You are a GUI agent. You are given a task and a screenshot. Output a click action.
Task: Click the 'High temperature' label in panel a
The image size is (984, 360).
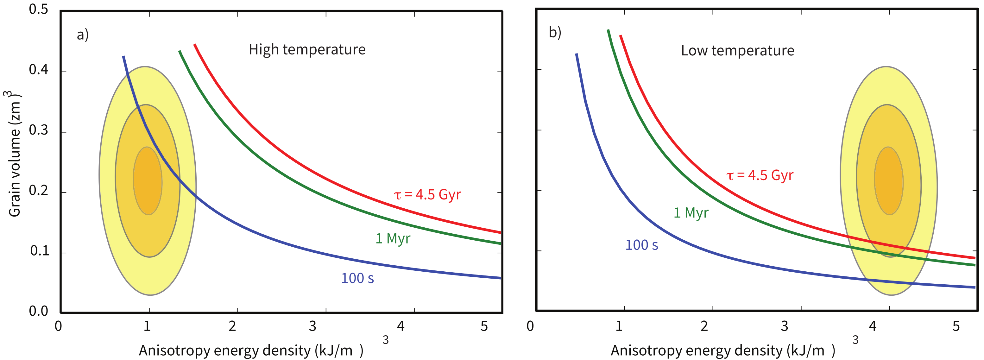pyautogui.click(x=307, y=50)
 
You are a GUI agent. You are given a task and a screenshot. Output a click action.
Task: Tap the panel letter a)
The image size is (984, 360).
pyautogui.click(x=83, y=35)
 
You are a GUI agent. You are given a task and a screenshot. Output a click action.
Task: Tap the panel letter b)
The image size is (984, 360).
pyautogui.click(x=555, y=33)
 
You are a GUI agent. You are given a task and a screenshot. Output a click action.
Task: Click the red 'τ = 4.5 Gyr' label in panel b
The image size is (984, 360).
pyautogui.click(x=760, y=175)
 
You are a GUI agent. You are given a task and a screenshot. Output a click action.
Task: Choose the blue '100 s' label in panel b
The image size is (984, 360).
pyautogui.click(x=641, y=245)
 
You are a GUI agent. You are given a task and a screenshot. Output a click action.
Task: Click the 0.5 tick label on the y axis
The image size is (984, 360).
pyautogui.click(x=39, y=9)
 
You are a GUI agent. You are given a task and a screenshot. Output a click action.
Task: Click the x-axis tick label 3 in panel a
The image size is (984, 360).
pyautogui.click(x=312, y=326)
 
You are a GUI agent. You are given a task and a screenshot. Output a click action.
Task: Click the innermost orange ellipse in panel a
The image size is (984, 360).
pyautogui.click(x=148, y=181)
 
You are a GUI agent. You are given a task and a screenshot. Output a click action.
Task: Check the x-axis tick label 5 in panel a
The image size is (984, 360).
pyautogui.click(x=484, y=326)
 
